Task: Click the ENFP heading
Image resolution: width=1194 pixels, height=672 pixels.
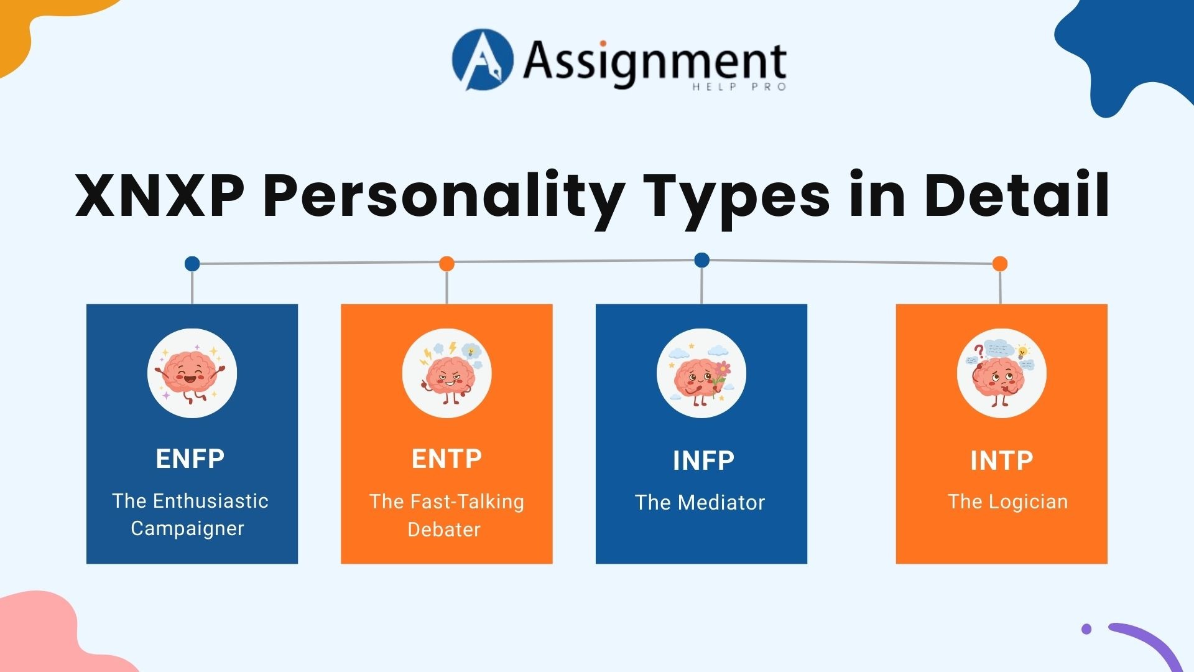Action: click(190, 459)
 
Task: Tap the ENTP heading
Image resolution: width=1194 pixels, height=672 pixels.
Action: click(447, 459)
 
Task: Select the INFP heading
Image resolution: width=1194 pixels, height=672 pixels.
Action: click(703, 460)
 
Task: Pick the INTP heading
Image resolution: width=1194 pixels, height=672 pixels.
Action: click(1001, 460)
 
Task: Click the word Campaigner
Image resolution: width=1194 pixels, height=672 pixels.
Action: click(187, 528)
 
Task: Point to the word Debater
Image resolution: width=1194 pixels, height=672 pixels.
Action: click(444, 530)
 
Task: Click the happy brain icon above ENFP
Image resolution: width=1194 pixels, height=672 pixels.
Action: click(192, 373)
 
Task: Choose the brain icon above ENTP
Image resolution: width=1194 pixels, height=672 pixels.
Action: click(447, 373)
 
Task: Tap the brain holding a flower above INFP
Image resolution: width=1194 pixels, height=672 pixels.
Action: click(701, 373)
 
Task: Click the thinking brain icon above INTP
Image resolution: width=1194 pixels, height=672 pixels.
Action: click(1001, 373)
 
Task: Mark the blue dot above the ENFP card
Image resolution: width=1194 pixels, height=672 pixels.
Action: click(192, 264)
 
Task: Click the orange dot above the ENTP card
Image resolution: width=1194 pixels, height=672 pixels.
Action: click(447, 264)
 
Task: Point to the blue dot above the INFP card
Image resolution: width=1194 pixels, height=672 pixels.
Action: click(701, 260)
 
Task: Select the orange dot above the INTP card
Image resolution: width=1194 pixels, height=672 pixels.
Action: click(1000, 264)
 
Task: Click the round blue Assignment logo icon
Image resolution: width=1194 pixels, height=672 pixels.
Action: click(483, 60)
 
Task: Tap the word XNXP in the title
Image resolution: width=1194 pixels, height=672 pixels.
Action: click(159, 195)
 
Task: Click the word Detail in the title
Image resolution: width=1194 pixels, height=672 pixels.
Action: click(1016, 195)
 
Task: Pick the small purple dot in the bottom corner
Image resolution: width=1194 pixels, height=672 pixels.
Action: click(1086, 629)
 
